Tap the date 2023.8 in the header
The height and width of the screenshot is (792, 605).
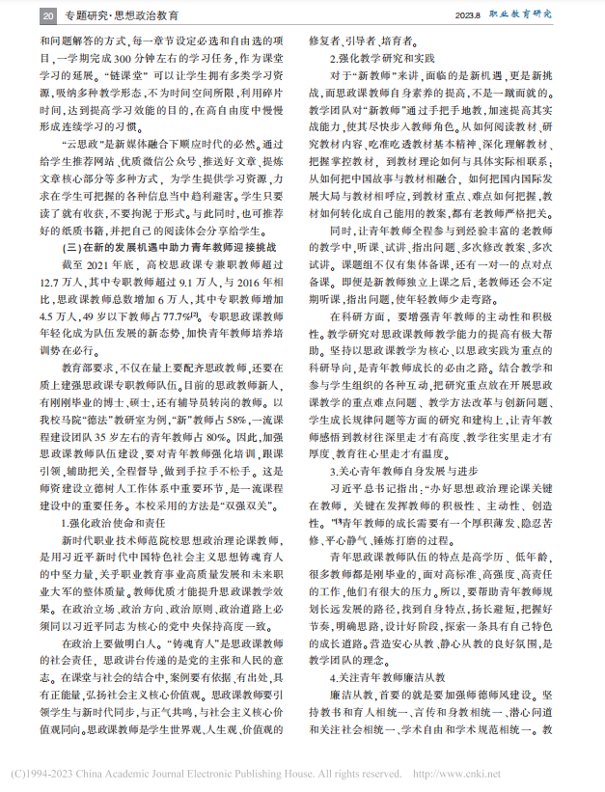coord(472,15)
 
